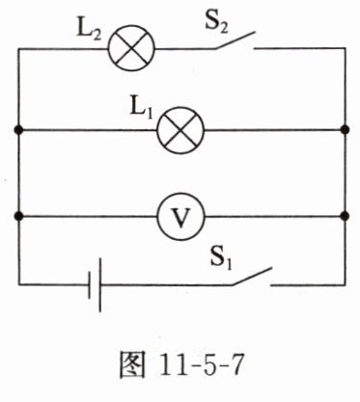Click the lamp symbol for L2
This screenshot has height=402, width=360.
click(x=131, y=48)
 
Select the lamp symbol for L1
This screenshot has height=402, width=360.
click(x=180, y=130)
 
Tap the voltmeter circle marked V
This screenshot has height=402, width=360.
click(x=180, y=217)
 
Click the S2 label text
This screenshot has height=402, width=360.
click(x=216, y=23)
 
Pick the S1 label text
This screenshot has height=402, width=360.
click(x=221, y=257)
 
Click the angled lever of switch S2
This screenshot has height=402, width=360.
click(x=235, y=40)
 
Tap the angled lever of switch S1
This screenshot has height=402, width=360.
click(x=252, y=276)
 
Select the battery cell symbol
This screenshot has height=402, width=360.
click(x=96, y=284)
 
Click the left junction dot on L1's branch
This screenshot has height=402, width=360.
click(x=18, y=130)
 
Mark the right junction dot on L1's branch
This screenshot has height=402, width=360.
click(x=346, y=130)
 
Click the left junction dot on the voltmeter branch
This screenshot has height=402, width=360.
click(x=18, y=216)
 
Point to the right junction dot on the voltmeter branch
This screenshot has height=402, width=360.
click(x=346, y=216)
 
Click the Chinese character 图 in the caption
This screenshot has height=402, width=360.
click(x=132, y=364)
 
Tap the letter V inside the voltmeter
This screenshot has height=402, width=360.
click(x=180, y=218)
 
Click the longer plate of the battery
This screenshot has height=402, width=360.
click(x=100, y=285)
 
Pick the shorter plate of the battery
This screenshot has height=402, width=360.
click(x=90, y=285)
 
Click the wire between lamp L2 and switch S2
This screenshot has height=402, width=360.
click(x=185, y=49)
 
